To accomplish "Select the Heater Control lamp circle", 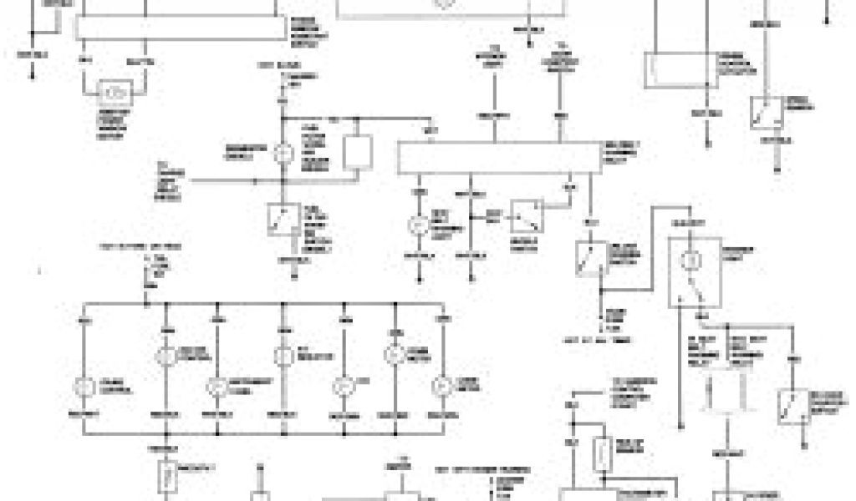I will tap(165, 354).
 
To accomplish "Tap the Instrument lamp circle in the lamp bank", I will tap(216, 386).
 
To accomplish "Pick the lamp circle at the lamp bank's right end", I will tap(441, 386).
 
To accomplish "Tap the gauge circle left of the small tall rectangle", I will tap(283, 153).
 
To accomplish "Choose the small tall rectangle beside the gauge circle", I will tap(357, 152).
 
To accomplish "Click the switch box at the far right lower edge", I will tap(792, 407).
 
